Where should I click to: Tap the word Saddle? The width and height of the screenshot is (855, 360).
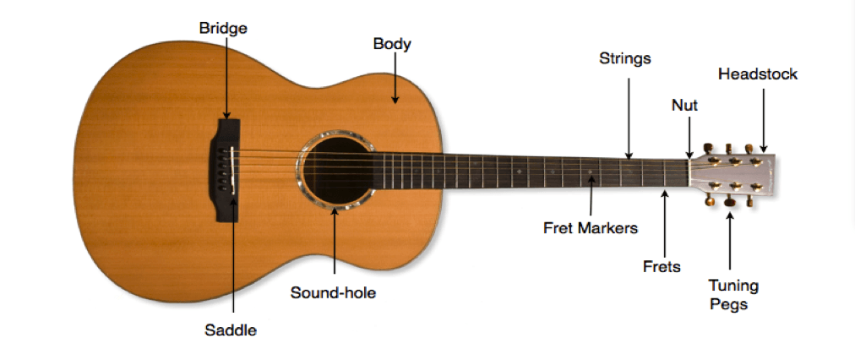tap(231, 330)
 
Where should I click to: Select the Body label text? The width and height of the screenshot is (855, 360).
tap(392, 43)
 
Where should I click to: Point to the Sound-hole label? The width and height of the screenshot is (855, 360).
tap(333, 293)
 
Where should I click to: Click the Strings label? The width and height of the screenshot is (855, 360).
tap(625, 59)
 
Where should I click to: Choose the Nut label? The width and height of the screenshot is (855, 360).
tap(684, 106)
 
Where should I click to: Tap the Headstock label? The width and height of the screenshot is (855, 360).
tap(758, 74)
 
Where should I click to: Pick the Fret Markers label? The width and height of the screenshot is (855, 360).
tap(591, 227)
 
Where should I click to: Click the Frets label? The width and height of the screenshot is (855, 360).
tap(662, 267)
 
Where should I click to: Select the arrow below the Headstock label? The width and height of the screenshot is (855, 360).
tap(763, 118)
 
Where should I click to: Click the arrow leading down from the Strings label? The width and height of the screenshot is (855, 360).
tap(629, 118)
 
